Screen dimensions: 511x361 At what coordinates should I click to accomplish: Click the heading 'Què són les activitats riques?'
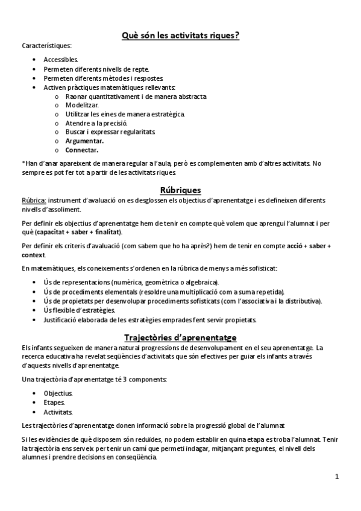pos(180,35)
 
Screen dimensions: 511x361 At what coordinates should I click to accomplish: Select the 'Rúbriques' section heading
pos(180,190)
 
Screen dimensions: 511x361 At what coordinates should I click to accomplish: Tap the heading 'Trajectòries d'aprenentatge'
pos(180,337)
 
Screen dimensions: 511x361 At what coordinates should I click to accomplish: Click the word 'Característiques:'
pos(46,46)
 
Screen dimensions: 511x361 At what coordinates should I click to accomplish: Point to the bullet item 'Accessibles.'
pos(61,60)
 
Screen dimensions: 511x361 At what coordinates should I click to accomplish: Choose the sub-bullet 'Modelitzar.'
pos(82,105)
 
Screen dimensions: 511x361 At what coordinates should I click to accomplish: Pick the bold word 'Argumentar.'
pos(84,140)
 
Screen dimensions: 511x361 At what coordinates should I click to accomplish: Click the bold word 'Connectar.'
pos(82,149)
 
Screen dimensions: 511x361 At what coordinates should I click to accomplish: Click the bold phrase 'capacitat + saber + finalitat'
pos(87,231)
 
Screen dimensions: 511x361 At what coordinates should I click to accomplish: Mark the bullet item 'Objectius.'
pos(58,393)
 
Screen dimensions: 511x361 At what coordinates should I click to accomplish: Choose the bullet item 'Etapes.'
pos(54,402)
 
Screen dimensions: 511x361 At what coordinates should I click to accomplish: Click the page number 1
pos(337,477)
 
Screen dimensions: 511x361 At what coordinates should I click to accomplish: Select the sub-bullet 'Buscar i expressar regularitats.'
pos(110,131)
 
